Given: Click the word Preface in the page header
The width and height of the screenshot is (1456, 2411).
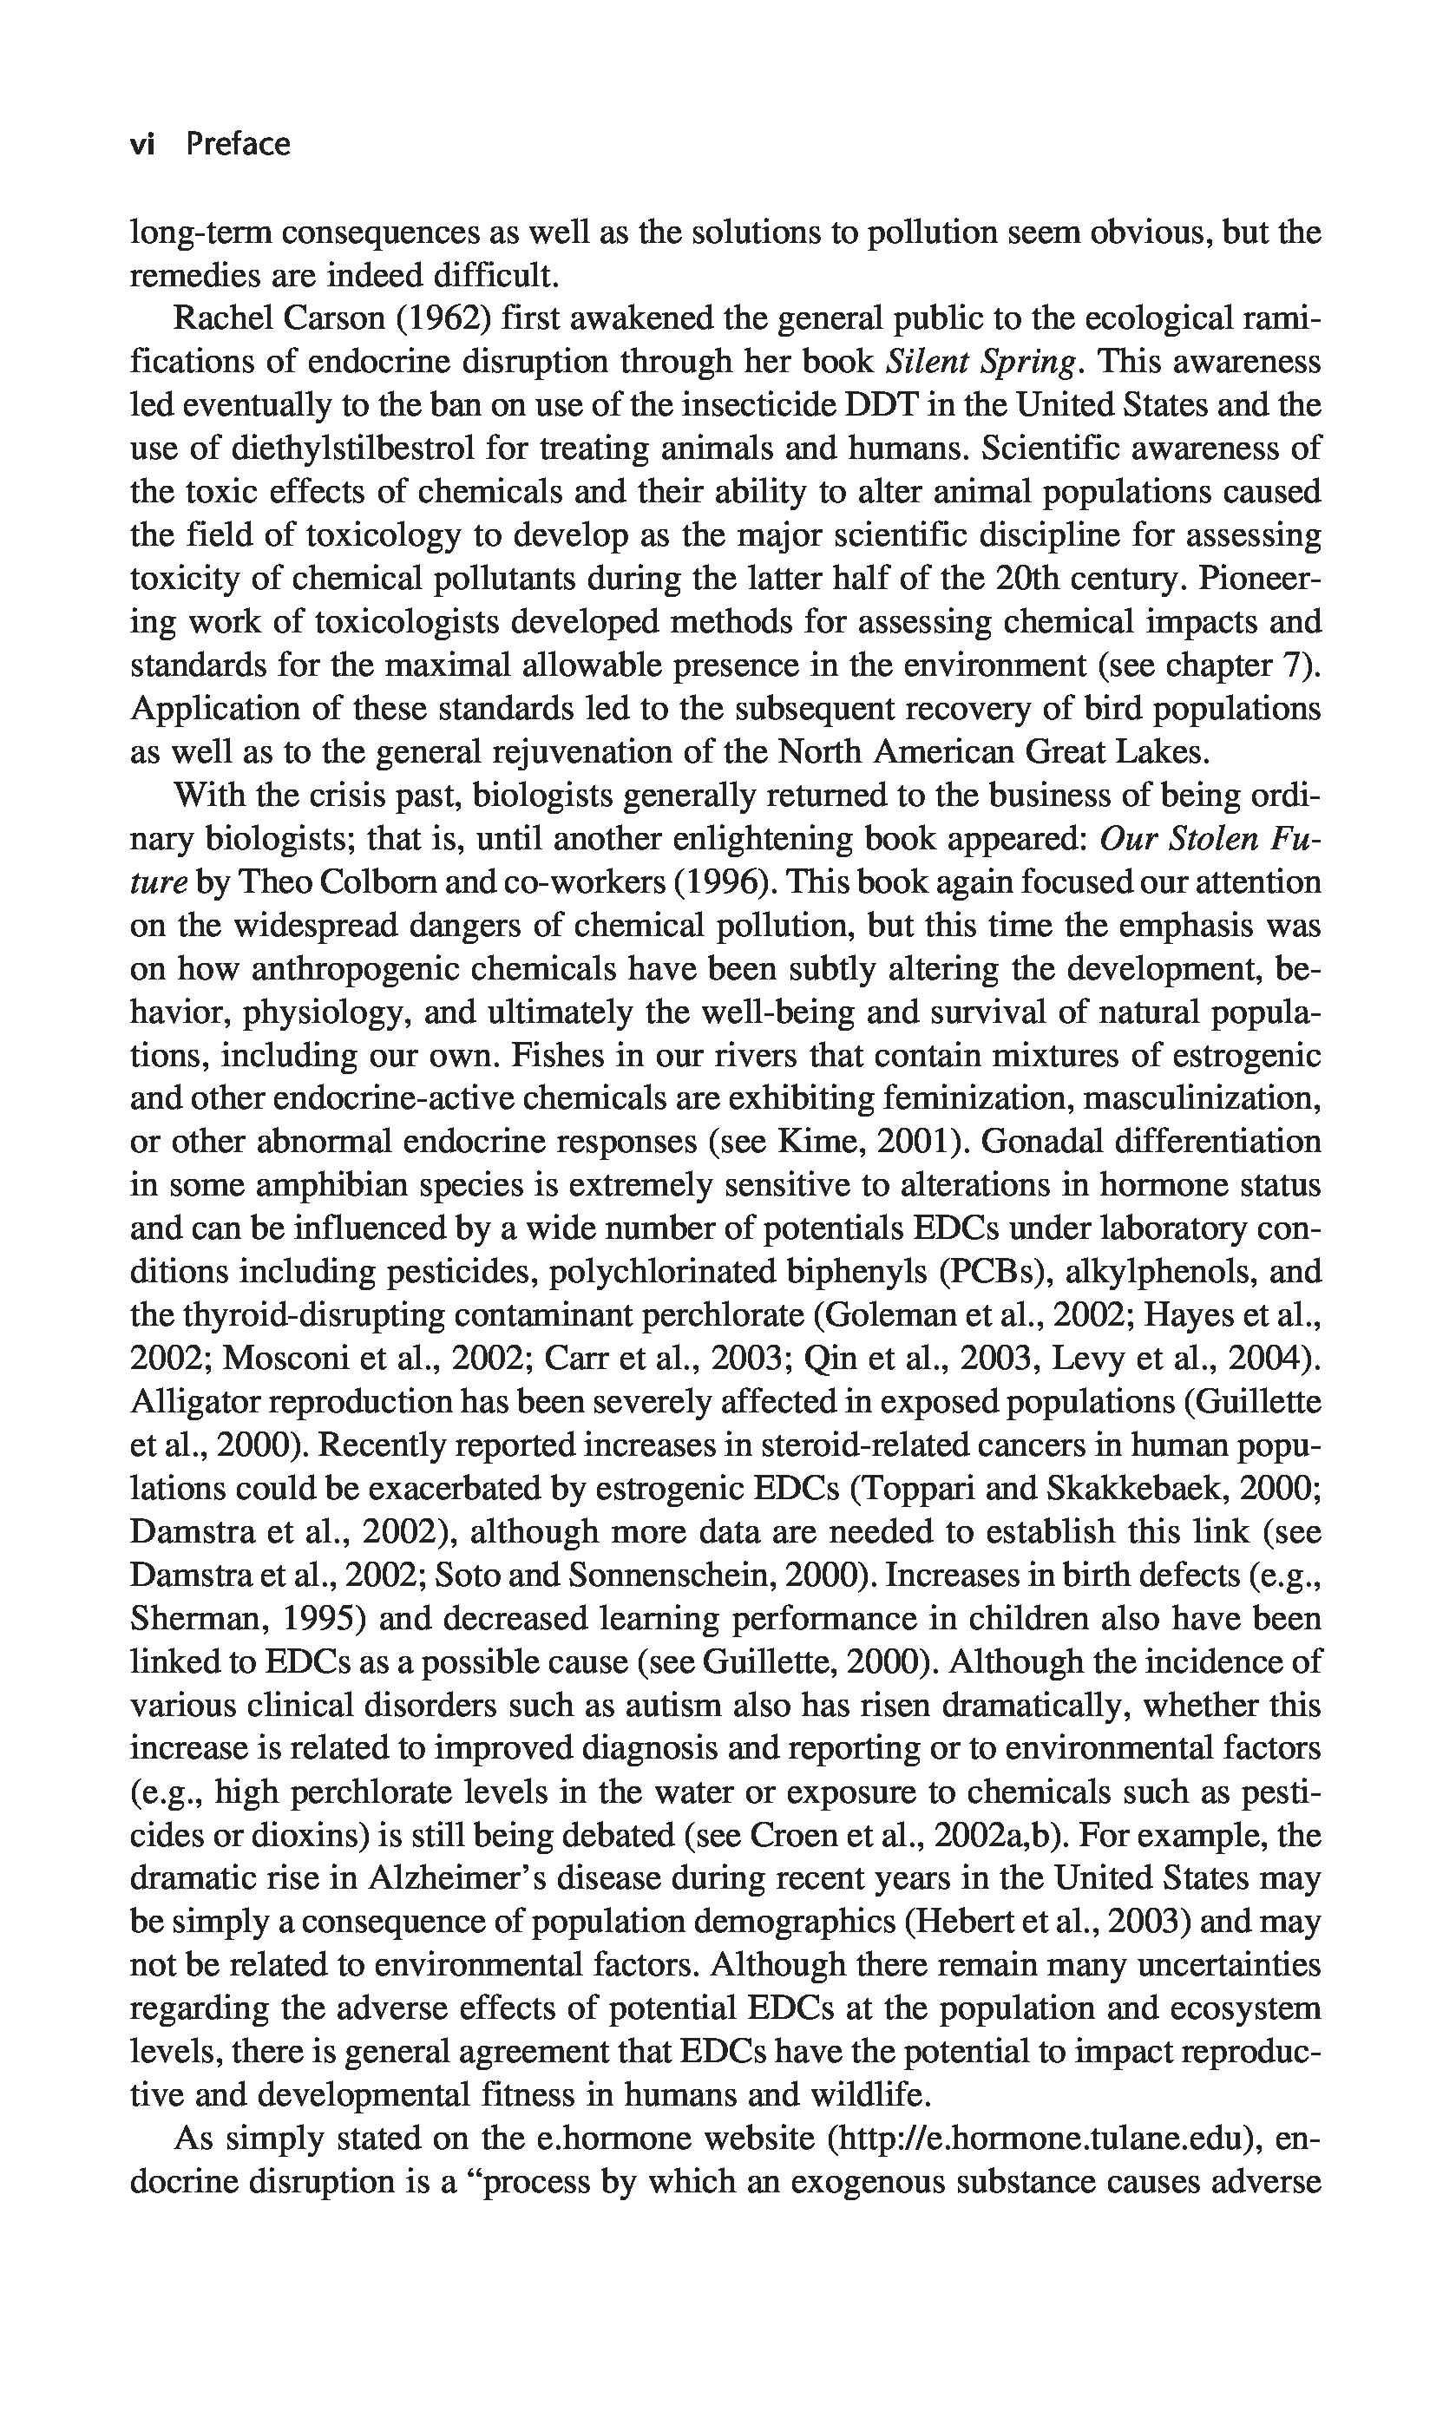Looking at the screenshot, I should coord(238,145).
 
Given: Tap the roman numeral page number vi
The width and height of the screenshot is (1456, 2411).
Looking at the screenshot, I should coord(143,145).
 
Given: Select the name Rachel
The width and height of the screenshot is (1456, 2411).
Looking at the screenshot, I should coord(221,319).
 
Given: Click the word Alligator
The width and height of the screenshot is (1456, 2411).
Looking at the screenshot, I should coord(193,1402).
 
